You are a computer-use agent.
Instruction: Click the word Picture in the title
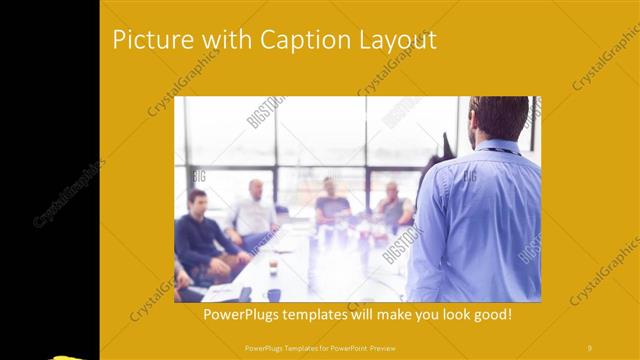click(150, 40)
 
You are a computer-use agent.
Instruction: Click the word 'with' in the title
click(225, 40)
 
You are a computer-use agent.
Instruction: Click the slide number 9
click(590, 347)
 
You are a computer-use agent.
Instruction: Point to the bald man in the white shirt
click(255, 210)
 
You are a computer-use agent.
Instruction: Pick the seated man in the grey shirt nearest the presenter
click(393, 205)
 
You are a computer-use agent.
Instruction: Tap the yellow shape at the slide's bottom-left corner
click(70, 355)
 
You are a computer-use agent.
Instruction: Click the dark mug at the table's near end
click(273, 294)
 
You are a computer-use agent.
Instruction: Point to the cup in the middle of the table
click(273, 265)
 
